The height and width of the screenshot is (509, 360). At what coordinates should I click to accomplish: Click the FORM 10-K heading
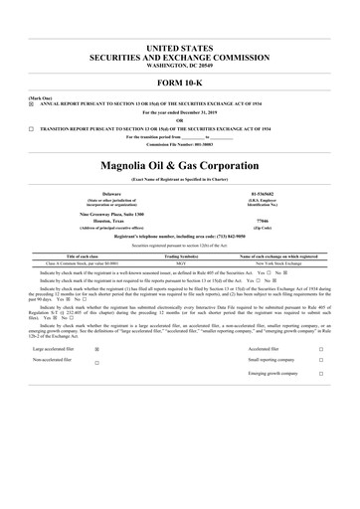pos(179,82)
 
